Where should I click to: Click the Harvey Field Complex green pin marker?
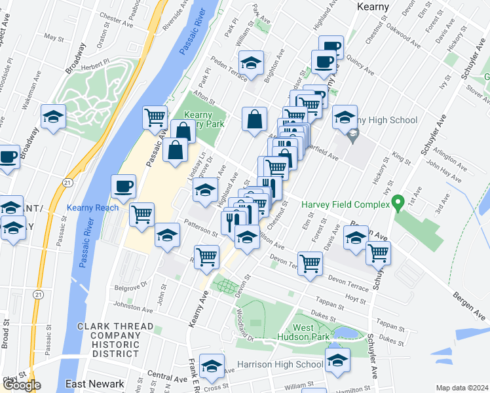click(396, 203)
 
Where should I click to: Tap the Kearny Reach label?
click(93, 208)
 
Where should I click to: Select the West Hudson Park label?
click(312, 332)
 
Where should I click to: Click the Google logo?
click(21, 385)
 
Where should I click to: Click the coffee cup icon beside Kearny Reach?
click(123, 187)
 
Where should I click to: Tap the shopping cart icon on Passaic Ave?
click(155, 117)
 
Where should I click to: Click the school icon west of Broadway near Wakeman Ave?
click(54, 117)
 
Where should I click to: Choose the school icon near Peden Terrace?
click(251, 63)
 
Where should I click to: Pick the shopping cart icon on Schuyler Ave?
click(378, 253)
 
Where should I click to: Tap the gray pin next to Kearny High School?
click(353, 136)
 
